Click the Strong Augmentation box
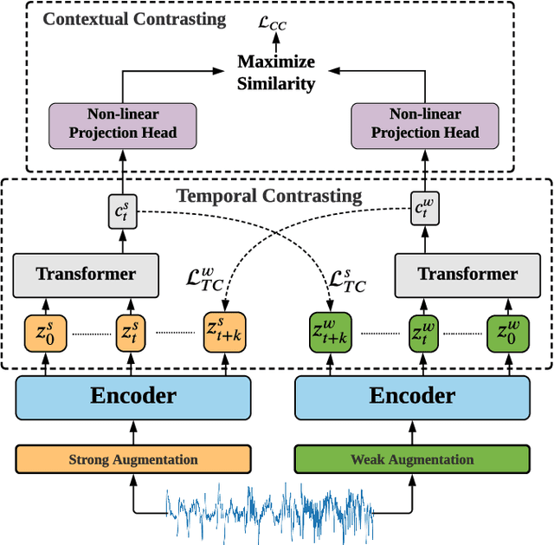tap(133, 459)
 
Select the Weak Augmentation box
tap(412, 459)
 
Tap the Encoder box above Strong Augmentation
tap(133, 397)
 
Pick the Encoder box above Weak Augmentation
tap(412, 397)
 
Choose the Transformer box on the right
tap(467, 274)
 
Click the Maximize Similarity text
tap(277, 73)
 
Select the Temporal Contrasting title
tap(269, 196)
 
